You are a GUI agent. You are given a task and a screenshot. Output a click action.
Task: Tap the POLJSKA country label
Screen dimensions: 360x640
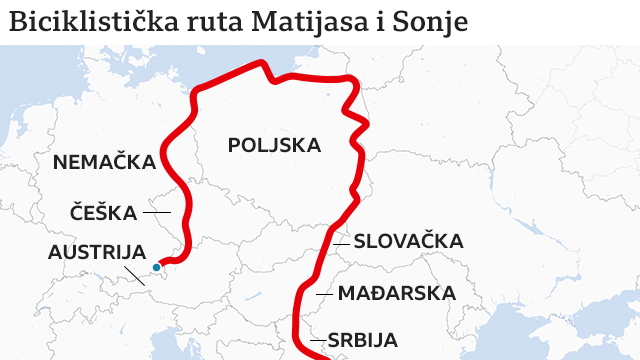pyautogui.click(x=274, y=146)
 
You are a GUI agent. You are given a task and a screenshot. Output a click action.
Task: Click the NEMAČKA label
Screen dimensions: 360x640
pyautogui.click(x=104, y=162)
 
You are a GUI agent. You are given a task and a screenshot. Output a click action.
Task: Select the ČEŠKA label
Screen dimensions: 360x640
pyautogui.click(x=103, y=212)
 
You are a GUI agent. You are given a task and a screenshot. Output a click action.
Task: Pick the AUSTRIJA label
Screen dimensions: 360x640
pyautogui.click(x=97, y=252)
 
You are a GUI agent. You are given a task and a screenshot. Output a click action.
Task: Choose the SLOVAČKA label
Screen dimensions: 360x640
pyautogui.click(x=407, y=241)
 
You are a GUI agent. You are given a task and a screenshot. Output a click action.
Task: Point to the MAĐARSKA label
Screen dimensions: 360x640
pyautogui.click(x=396, y=294)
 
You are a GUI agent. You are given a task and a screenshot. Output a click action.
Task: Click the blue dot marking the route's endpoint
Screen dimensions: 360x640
pyautogui.click(x=157, y=267)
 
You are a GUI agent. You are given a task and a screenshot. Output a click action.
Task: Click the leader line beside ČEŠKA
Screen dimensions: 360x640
pyautogui.click(x=157, y=212)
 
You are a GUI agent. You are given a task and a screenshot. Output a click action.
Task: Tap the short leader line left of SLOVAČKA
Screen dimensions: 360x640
pyautogui.click(x=341, y=241)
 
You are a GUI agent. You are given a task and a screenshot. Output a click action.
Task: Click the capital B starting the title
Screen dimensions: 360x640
pyautogui.click(x=16, y=22)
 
